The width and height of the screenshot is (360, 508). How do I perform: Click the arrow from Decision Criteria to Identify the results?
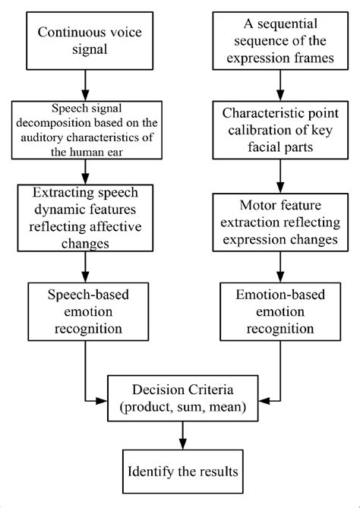point(181,434)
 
